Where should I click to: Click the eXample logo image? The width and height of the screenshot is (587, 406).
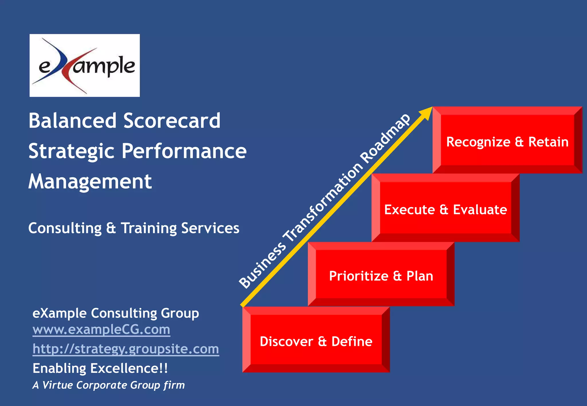click(x=85, y=65)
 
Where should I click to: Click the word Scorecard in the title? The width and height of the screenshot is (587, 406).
click(x=172, y=121)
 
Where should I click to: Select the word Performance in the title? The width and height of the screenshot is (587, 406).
click(x=184, y=151)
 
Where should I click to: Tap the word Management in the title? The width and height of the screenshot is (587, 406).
click(x=90, y=182)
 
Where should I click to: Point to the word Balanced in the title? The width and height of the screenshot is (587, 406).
click(x=73, y=121)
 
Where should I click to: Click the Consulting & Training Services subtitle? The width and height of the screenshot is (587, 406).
click(x=134, y=228)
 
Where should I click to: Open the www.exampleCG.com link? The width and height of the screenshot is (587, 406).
click(x=101, y=330)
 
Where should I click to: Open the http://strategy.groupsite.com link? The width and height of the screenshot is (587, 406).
click(x=126, y=349)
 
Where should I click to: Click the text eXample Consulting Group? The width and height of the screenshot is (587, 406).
click(x=116, y=313)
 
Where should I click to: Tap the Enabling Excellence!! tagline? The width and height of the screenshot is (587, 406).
click(x=100, y=368)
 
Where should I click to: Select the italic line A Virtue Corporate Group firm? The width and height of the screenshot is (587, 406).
click(x=109, y=385)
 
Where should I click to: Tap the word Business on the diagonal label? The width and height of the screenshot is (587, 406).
click(x=263, y=265)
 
